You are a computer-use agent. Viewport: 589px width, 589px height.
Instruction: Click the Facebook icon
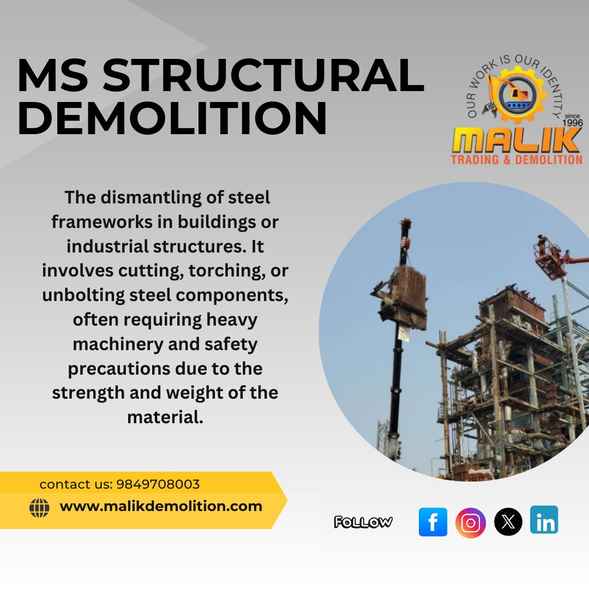pyautogui.click(x=432, y=522)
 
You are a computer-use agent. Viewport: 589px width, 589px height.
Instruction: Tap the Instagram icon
pyautogui.click(x=470, y=522)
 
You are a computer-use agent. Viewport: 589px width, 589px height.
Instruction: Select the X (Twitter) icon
pyautogui.click(x=508, y=522)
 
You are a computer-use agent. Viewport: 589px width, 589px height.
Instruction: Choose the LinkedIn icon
pyautogui.click(x=544, y=520)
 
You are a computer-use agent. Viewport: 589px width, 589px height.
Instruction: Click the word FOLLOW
pyautogui.click(x=363, y=522)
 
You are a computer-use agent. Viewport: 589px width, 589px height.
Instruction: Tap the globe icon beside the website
pyautogui.click(x=39, y=508)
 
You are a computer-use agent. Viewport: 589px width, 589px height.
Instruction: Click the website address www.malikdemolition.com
pyautogui.click(x=161, y=506)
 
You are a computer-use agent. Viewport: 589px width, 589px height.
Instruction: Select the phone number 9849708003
pyautogui.click(x=158, y=484)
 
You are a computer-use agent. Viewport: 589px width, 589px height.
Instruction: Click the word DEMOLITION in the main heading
pyautogui.click(x=172, y=118)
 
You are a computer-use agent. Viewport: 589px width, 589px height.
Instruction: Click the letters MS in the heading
pyautogui.click(x=53, y=75)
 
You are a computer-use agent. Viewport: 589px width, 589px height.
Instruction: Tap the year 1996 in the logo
pyautogui.click(x=573, y=123)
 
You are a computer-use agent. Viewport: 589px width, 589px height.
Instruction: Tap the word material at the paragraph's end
pyautogui.click(x=165, y=417)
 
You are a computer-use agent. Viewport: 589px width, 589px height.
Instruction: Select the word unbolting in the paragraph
pyautogui.click(x=83, y=296)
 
